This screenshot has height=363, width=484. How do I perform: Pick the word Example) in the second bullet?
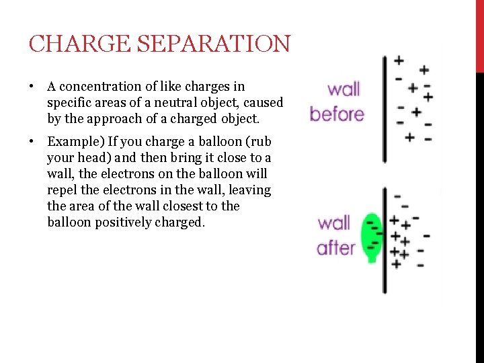[71, 142]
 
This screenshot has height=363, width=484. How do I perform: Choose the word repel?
[63, 190]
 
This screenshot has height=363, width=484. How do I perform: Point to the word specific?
[69, 104]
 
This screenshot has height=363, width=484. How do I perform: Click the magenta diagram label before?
[337, 114]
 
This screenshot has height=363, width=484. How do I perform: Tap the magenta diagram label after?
[335, 247]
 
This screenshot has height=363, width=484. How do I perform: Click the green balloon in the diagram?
[370, 235]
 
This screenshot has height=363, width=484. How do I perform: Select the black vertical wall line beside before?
[385, 108]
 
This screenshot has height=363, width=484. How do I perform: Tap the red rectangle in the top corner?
[479, 34]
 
